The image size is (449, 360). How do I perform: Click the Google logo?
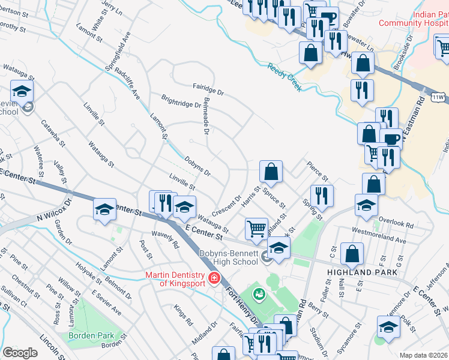pyautogui.click(x=20, y=353)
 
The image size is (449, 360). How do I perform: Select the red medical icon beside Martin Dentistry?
pyautogui.click(x=214, y=278)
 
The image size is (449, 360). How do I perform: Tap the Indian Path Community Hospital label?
pyautogui.click(x=430, y=23)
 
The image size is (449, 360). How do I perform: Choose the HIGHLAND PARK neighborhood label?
pyautogui.click(x=362, y=272)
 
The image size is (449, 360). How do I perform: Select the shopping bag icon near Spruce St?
pyautogui.click(x=271, y=172)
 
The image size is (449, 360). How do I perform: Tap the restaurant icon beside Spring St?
pyautogui.click(x=323, y=194)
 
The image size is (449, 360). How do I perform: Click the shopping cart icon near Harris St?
pyautogui.click(x=257, y=228)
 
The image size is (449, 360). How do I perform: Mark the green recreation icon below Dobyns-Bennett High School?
pyautogui.click(x=259, y=293)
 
